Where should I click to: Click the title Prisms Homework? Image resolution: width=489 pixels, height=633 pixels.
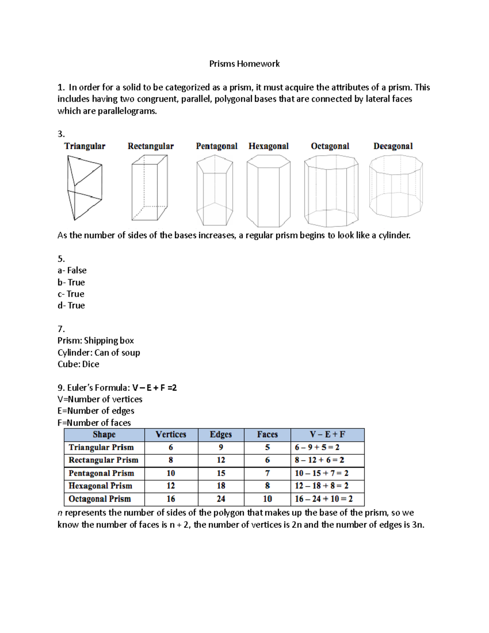[244, 64]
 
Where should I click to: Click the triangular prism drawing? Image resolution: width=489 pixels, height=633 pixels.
[84, 188]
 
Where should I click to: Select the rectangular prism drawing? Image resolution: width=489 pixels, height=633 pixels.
[149, 188]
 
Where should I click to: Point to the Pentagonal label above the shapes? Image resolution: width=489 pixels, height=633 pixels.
[216, 146]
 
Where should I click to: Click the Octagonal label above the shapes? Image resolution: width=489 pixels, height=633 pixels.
[330, 146]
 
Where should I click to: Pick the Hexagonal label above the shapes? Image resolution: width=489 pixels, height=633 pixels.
[269, 146]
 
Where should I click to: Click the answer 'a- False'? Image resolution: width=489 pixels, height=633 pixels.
[72, 271]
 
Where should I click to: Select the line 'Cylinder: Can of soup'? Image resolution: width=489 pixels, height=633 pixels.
[99, 353]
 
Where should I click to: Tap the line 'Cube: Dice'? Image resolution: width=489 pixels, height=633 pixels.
[78, 364]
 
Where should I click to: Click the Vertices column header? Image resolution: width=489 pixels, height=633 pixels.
[171, 434]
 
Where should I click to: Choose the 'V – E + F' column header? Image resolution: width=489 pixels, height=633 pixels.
[327, 434]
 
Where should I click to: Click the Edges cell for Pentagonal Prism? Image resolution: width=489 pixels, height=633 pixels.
[221, 473]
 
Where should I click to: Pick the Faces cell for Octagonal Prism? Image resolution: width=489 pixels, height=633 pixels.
[267, 499]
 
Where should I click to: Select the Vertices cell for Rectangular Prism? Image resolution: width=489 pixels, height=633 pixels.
[171, 460]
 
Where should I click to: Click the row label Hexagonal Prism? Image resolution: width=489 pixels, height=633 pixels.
[100, 486]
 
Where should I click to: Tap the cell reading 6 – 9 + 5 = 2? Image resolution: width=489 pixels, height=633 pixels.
[317, 448]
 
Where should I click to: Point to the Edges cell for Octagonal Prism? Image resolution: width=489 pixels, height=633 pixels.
[221, 499]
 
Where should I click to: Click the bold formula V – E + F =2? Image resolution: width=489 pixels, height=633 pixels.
[154, 388]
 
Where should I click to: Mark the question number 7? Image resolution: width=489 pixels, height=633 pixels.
[61, 329]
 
